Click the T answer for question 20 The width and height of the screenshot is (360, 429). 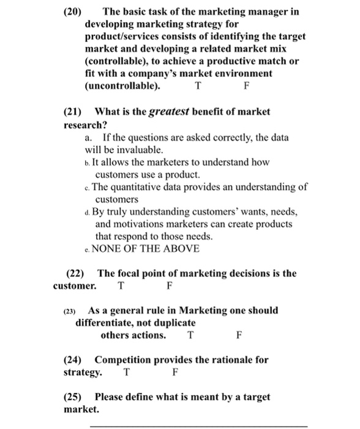[x=197, y=86]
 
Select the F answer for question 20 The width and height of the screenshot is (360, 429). [x=246, y=86]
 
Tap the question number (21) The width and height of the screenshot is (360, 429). [x=75, y=112]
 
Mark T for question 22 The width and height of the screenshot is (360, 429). [x=121, y=286]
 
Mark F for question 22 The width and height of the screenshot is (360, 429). [x=170, y=286]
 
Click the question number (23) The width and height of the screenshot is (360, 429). [x=71, y=311]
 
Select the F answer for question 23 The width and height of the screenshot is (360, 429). [x=239, y=335]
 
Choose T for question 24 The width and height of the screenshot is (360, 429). [x=126, y=372]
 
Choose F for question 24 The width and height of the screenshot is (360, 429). [x=175, y=372]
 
